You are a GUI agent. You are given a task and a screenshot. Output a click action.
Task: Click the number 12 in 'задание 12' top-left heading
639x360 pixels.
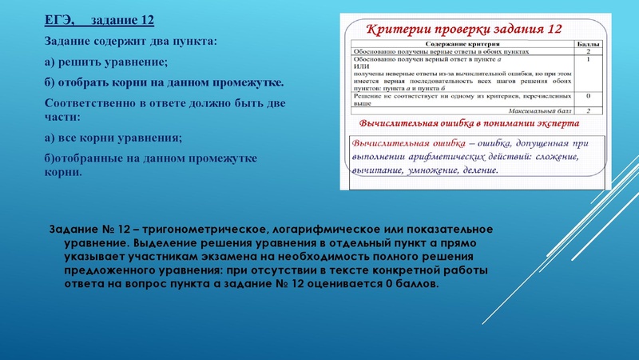point(144,18)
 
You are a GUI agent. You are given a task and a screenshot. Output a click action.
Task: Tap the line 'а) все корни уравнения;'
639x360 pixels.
point(113,137)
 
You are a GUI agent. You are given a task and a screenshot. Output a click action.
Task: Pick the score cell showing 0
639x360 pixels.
point(588,97)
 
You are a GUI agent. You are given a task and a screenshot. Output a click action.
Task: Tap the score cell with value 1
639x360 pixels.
point(588,58)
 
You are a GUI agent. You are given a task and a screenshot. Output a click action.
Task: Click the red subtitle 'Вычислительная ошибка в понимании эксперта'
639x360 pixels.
point(469,125)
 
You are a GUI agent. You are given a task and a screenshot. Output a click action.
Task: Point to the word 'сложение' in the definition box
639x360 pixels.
point(556,156)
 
